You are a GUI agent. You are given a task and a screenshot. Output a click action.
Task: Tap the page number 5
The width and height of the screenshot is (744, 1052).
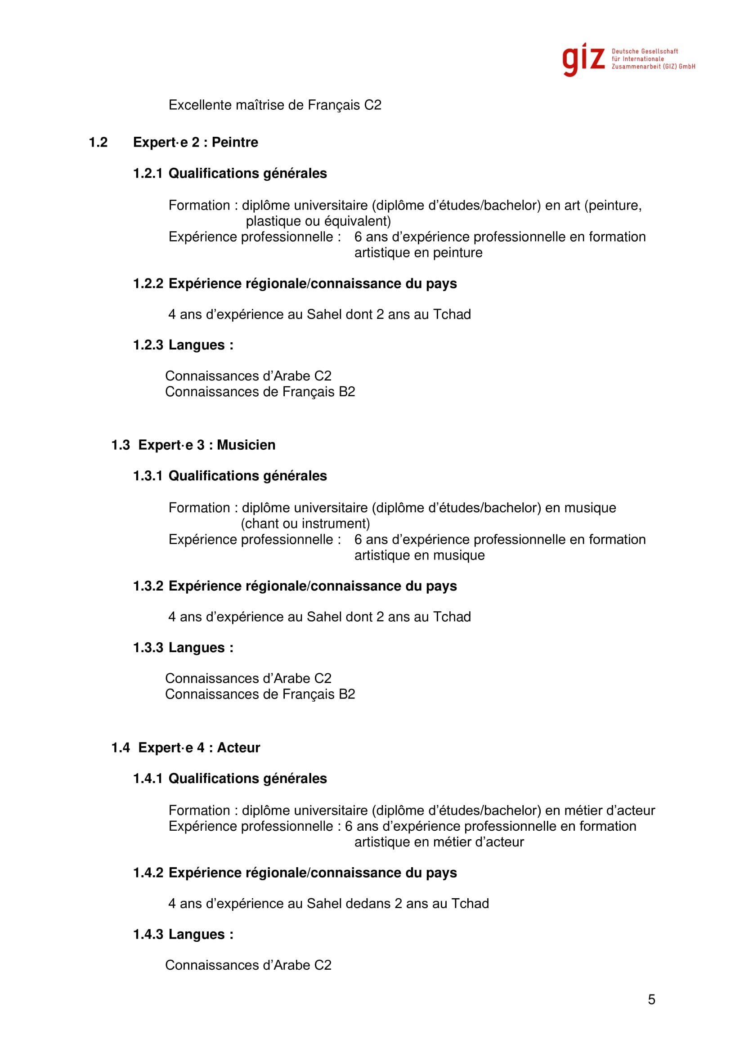651,999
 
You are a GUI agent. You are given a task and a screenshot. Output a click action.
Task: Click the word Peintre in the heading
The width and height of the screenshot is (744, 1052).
234,143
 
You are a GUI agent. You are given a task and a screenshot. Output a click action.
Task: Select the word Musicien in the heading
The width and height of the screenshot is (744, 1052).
246,445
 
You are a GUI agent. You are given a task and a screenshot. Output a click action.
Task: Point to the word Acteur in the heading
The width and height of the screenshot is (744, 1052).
238,748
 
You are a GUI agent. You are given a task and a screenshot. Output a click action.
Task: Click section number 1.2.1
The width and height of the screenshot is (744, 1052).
148,174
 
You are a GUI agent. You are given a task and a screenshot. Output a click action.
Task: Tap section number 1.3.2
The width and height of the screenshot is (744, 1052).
148,586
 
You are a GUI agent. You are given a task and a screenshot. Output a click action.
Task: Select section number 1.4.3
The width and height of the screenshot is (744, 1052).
148,934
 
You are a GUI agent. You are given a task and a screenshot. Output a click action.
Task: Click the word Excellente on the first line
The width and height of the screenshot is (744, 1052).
200,105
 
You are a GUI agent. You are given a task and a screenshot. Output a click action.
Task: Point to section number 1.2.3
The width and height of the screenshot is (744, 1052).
148,345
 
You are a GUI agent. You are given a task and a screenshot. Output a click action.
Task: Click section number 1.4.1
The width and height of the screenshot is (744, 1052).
148,779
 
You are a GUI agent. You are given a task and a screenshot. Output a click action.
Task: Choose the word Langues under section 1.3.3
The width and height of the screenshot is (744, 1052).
197,648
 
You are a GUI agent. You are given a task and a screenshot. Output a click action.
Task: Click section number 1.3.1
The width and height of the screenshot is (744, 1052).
148,476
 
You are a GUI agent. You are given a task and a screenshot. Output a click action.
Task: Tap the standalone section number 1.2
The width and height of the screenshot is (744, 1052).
98,143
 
